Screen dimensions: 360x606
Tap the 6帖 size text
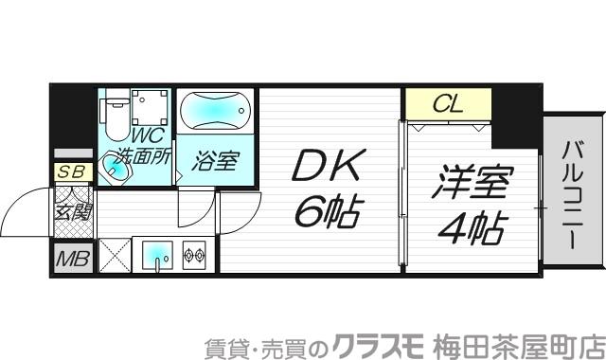(x=324, y=214)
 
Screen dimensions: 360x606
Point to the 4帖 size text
(x=470, y=227)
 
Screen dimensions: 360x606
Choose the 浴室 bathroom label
(x=216, y=160)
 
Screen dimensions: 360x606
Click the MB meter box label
(x=72, y=258)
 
